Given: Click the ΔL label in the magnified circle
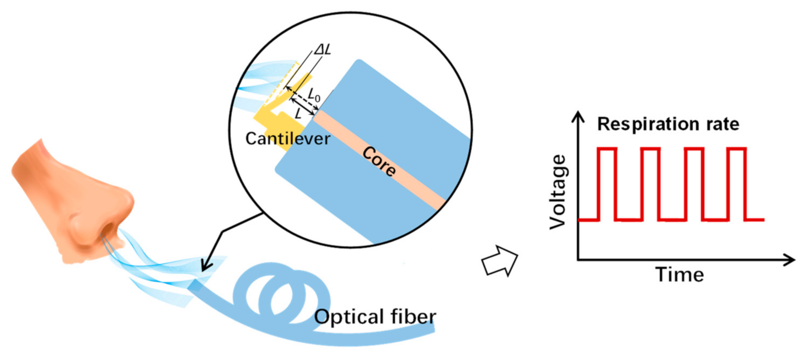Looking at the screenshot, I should click(323, 50).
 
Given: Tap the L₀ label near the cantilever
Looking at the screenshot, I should click(314, 95).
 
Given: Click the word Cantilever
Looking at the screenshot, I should click(288, 139).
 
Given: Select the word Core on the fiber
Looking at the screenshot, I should click(379, 161).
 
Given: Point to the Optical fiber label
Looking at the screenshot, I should click(375, 317).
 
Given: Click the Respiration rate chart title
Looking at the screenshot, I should click(668, 124).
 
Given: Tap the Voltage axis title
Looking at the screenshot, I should click(558, 192).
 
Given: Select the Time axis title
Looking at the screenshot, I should click(679, 275).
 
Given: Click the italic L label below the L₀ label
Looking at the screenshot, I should click(298, 113).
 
